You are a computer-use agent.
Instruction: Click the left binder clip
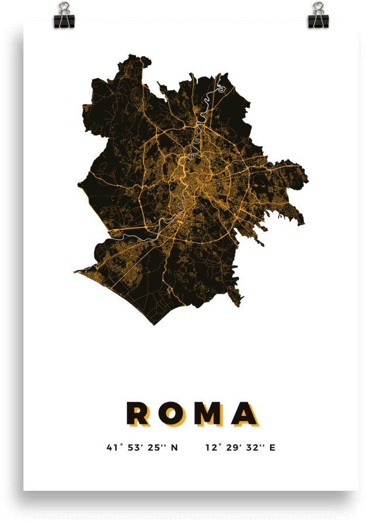64,16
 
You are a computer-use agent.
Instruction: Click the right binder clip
318,16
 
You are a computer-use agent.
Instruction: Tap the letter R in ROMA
138,413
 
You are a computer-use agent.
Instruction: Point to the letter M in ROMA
208,413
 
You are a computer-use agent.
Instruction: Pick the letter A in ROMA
244,413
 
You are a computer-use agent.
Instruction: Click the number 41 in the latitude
112,448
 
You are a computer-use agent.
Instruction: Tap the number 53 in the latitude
134,448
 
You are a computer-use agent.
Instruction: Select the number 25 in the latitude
154,448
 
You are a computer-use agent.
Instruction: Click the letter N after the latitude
174,448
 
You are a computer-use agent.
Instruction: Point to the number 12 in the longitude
211,448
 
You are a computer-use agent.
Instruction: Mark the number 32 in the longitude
252,448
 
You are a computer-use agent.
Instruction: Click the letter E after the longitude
272,448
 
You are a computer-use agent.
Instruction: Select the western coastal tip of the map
76,272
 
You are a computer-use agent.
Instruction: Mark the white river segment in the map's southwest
132,237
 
